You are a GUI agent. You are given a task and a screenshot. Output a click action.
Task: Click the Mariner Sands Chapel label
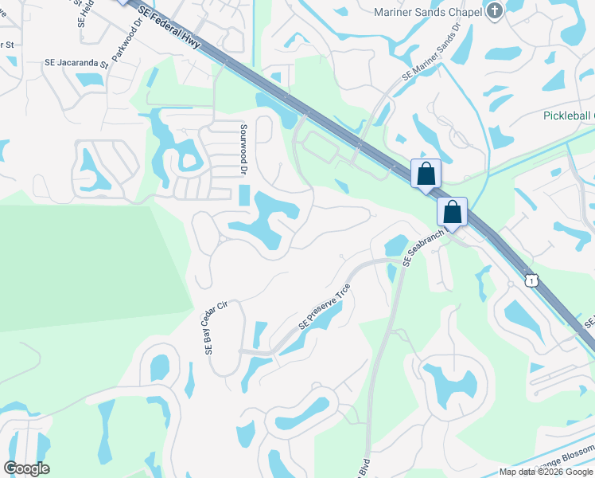[428, 12]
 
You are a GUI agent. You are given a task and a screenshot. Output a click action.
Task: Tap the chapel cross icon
[494, 11]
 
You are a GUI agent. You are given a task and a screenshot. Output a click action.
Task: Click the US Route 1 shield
[531, 280]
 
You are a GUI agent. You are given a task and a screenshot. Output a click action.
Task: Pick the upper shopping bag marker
[426, 173]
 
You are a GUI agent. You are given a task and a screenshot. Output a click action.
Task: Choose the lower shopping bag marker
[452, 211]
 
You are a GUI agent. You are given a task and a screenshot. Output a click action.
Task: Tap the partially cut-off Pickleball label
[568, 116]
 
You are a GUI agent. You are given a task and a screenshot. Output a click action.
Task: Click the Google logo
[26, 468]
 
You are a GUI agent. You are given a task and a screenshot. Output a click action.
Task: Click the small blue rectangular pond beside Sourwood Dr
[243, 194]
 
